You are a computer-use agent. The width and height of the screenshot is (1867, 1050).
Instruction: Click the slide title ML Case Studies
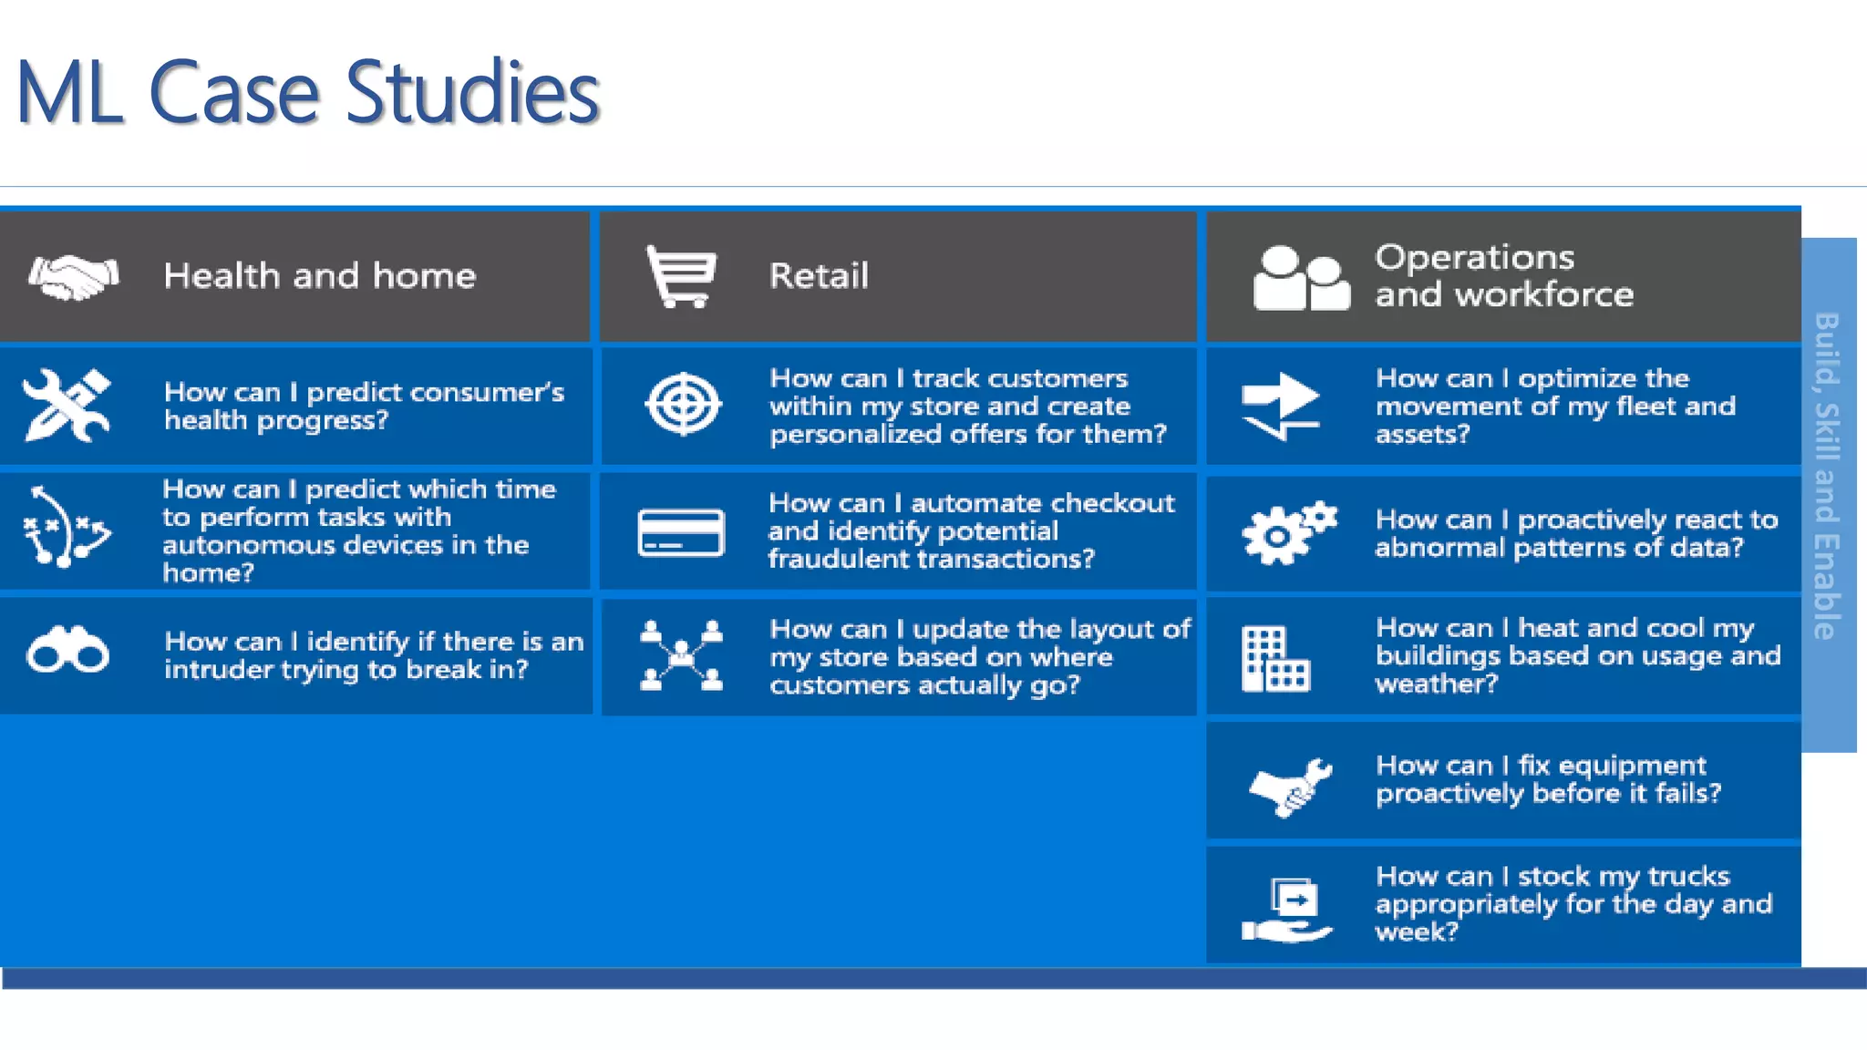[x=308, y=92]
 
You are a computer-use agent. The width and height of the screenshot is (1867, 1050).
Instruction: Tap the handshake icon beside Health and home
[x=73, y=276]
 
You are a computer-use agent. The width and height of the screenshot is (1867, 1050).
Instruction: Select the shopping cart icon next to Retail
[x=681, y=276]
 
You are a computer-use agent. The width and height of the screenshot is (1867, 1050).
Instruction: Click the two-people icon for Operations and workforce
[x=1300, y=279]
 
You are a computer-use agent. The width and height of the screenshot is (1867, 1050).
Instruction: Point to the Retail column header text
[x=819, y=275]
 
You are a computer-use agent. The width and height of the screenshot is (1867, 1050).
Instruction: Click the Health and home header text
[x=319, y=275]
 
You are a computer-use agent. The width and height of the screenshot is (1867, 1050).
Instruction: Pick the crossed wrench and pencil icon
[x=67, y=406]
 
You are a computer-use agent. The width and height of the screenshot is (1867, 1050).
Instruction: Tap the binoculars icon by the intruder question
[x=68, y=650]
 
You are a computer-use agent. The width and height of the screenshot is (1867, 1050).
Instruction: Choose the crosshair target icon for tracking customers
[x=683, y=405]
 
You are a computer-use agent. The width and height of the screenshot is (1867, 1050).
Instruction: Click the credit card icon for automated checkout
[x=681, y=532]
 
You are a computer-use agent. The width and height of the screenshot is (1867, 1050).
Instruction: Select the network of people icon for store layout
[x=681, y=655]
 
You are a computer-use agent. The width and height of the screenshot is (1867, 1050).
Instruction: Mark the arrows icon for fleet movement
[x=1281, y=407]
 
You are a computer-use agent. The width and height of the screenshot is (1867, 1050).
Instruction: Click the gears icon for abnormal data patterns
[x=1288, y=532]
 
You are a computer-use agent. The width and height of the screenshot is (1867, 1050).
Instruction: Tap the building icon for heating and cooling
[x=1274, y=658]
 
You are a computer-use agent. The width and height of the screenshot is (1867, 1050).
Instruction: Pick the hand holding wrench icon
[x=1291, y=787]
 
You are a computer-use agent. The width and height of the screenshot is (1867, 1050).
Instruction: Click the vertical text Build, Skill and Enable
[x=1827, y=475]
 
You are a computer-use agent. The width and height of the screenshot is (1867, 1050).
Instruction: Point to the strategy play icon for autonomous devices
[x=66, y=527]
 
